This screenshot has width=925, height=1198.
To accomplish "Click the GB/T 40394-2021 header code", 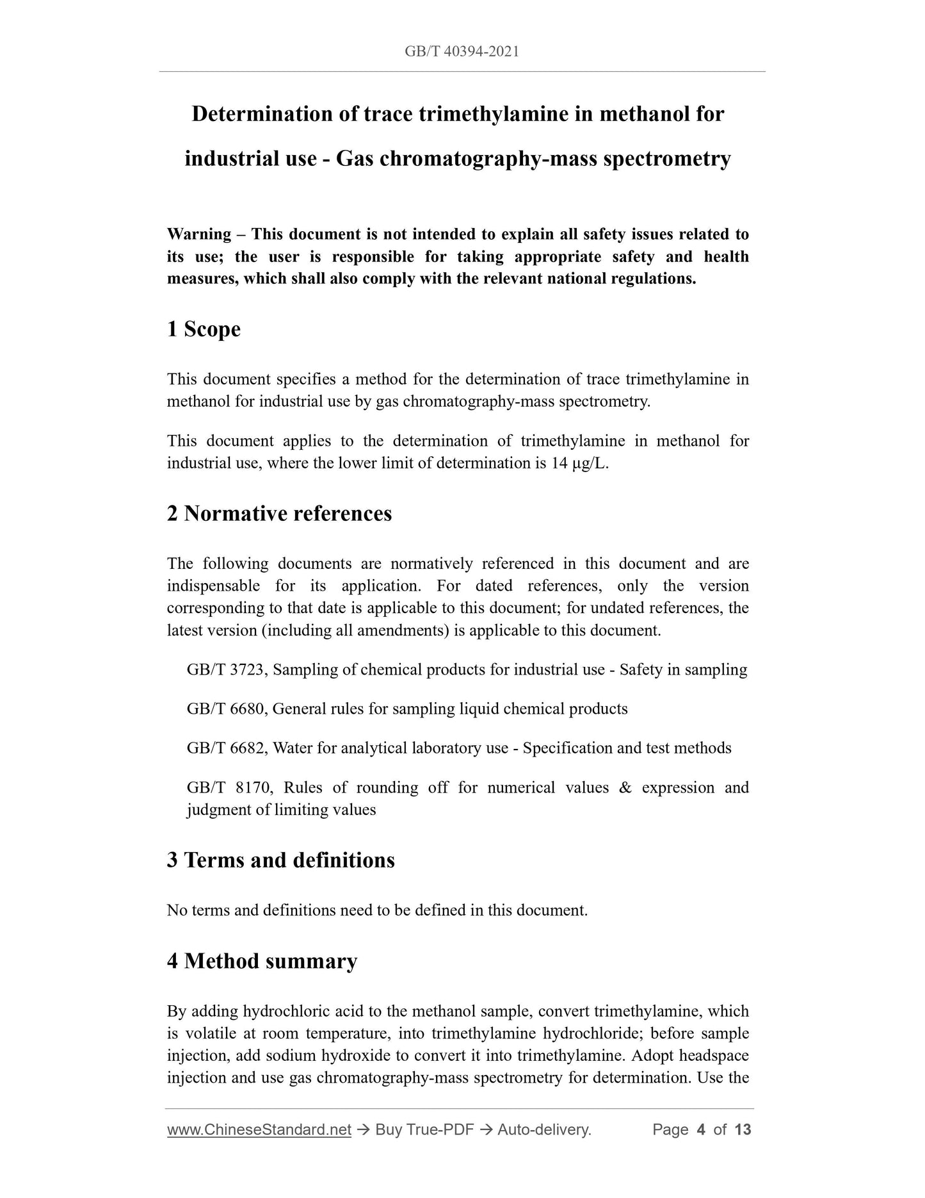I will [462, 51].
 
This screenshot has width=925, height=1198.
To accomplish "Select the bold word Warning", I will [199, 234].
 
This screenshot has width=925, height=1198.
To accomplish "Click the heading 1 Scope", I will [204, 329].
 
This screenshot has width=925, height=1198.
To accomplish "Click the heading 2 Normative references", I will [279, 514].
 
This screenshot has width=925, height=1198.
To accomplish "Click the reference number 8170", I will [255, 787].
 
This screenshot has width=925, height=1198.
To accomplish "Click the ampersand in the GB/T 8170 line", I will [625, 787].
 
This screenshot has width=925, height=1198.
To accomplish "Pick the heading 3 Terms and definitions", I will [280, 860].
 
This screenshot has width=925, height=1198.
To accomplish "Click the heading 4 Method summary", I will [262, 961].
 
